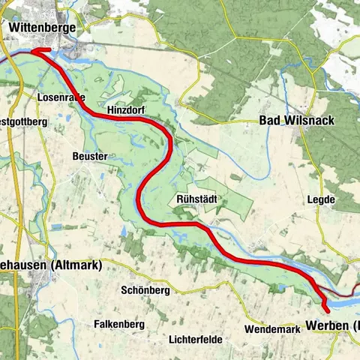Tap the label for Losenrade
(61, 97)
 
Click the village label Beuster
(90, 156)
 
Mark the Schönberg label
(145, 289)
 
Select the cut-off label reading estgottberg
(24, 121)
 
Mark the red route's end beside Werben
(326, 308)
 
